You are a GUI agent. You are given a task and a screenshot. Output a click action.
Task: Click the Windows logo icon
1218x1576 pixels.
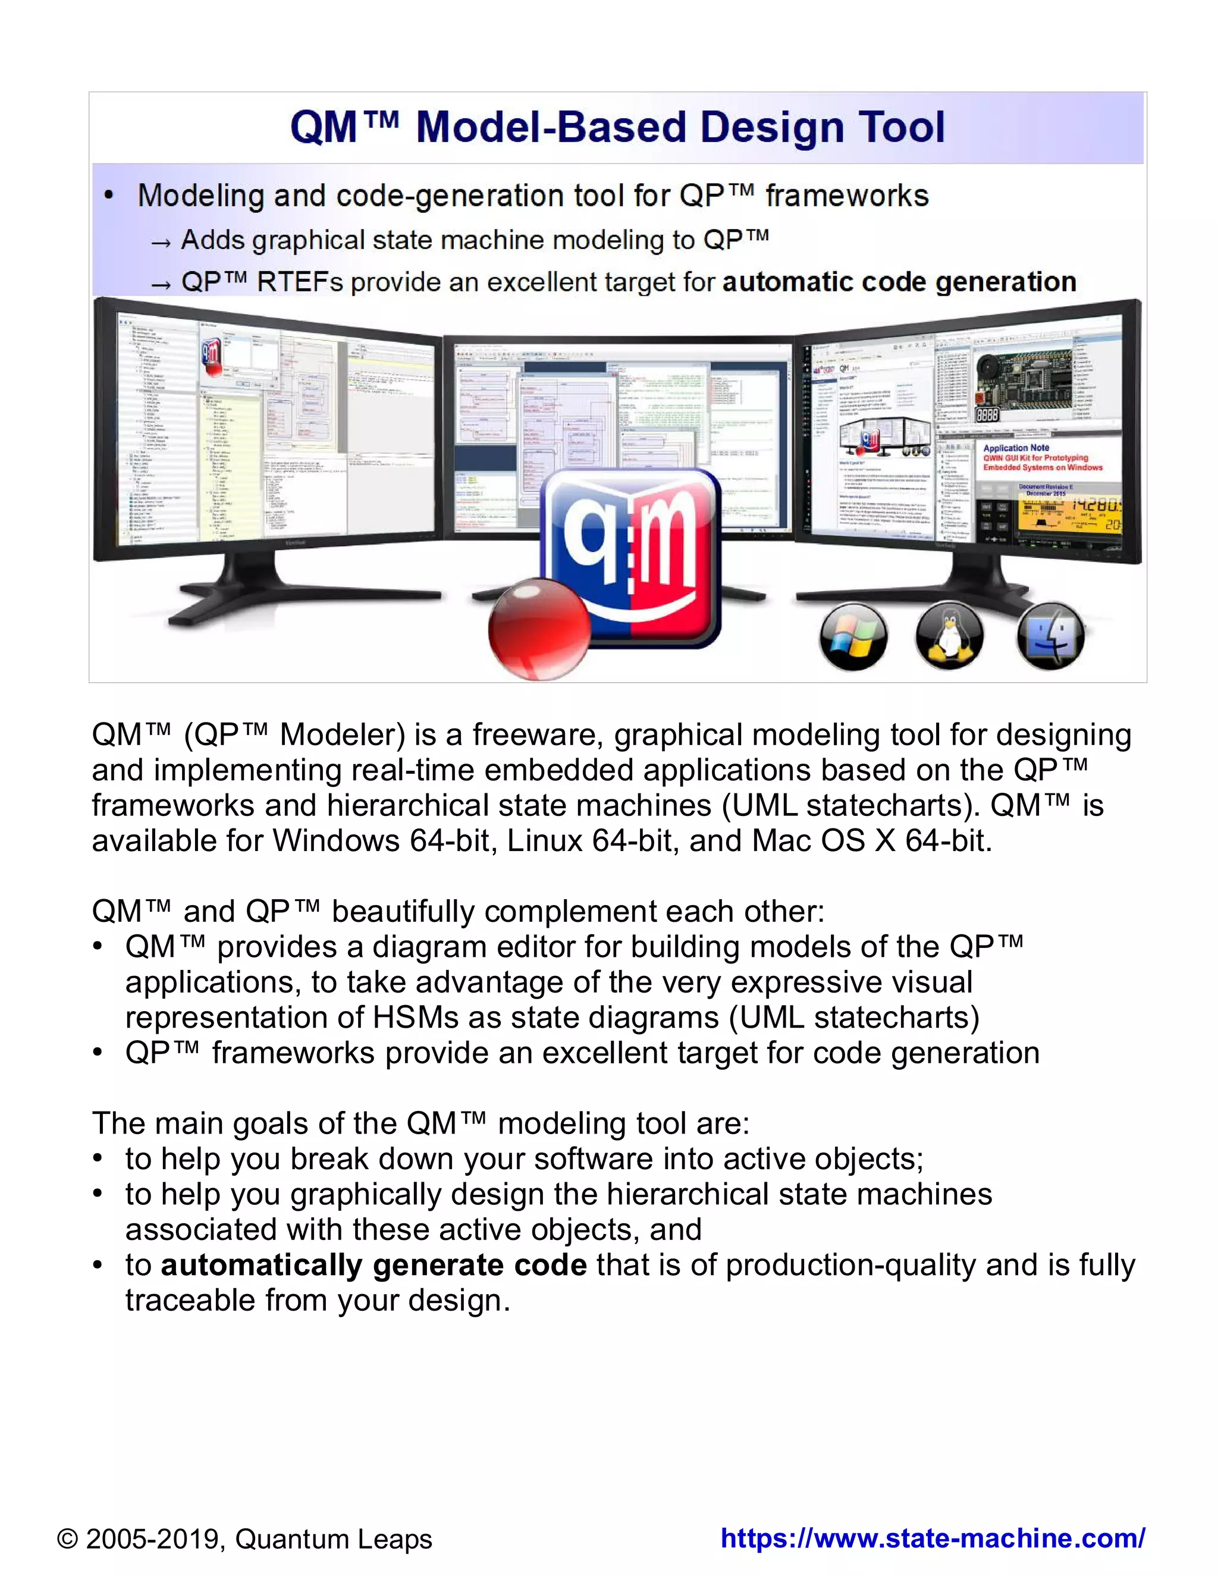point(853,636)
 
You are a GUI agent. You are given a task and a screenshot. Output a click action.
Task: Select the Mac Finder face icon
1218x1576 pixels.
point(1051,635)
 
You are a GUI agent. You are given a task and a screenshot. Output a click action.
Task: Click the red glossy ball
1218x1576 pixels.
point(539,627)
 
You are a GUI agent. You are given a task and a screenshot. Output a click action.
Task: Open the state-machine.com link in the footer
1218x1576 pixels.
point(933,1538)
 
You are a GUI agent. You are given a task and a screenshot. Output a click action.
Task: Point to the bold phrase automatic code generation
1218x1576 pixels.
point(899,281)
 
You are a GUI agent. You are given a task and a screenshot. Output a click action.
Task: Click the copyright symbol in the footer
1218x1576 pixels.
point(67,1539)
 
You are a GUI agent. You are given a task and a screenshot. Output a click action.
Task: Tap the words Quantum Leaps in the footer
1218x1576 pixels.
point(334,1539)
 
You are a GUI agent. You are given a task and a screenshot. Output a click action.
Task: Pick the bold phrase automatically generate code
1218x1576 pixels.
point(373,1265)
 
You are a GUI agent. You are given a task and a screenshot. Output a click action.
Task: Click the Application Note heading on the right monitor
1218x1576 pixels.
point(1016,447)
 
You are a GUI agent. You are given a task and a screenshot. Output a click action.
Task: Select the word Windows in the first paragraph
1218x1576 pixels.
point(335,841)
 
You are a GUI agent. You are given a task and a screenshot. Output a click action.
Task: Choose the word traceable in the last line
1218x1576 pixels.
point(190,1300)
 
